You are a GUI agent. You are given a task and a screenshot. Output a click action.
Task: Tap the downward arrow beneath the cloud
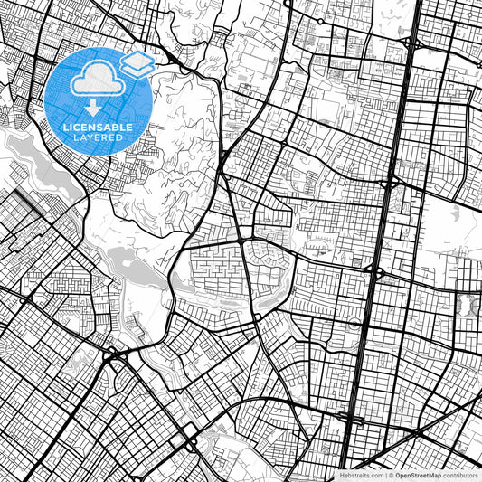[x=93, y=109]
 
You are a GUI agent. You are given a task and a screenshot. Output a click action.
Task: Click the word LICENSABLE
[x=99, y=128]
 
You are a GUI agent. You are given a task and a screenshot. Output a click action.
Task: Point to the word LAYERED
[x=99, y=137]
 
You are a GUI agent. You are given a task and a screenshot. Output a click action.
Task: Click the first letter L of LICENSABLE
[x=66, y=128]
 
